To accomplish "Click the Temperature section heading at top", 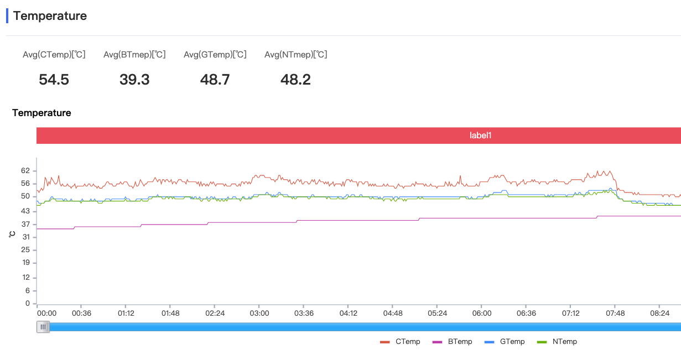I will click(50, 16).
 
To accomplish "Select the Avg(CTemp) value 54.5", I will click(54, 80).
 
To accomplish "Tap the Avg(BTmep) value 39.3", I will click(134, 80).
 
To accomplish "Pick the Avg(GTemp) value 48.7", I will click(215, 80).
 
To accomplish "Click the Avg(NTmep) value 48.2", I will click(295, 80).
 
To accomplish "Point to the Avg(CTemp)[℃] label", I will click(54, 54).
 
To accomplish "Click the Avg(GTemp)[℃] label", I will click(215, 54).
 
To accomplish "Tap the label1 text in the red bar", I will click(480, 135).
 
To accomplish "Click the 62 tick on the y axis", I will click(25, 171).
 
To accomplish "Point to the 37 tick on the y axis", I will click(25, 224).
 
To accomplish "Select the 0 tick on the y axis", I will click(27, 304).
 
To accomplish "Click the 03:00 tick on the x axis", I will click(259, 313).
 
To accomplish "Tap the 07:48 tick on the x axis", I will click(615, 313).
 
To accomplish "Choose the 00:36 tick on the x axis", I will click(81, 313).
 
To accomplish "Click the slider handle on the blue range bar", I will click(43, 327).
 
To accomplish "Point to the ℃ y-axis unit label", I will click(12, 234).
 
